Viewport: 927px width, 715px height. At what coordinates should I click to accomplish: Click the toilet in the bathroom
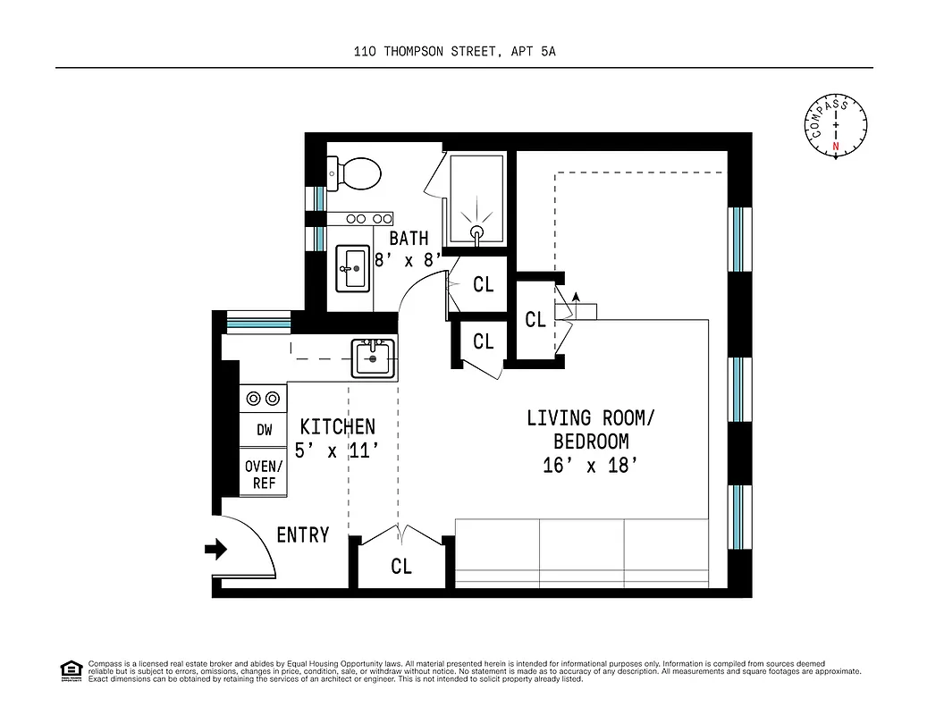(x=358, y=172)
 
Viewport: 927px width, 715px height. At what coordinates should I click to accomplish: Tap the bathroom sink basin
(x=352, y=266)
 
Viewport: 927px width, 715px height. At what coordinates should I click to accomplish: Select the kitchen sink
(x=371, y=358)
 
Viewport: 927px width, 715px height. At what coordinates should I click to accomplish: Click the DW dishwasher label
(x=264, y=430)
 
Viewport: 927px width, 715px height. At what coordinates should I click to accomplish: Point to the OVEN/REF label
(x=264, y=475)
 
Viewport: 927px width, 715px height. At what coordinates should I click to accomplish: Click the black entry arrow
(x=215, y=549)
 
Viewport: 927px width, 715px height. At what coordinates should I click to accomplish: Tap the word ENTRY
(x=303, y=535)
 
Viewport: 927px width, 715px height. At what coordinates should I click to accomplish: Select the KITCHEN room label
(x=337, y=427)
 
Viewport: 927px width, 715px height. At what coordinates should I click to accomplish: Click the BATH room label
(x=409, y=239)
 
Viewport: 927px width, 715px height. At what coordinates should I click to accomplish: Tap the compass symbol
(x=836, y=127)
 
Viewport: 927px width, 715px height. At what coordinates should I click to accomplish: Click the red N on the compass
(x=836, y=146)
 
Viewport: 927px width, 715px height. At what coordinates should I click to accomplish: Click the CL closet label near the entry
(x=401, y=567)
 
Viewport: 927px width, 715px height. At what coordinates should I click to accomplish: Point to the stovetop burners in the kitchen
(x=261, y=399)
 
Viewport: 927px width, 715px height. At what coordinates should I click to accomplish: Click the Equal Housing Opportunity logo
(x=70, y=670)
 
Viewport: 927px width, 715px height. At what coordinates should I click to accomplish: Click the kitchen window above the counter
(x=259, y=321)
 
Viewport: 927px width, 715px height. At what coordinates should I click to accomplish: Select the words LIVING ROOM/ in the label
(x=585, y=417)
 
